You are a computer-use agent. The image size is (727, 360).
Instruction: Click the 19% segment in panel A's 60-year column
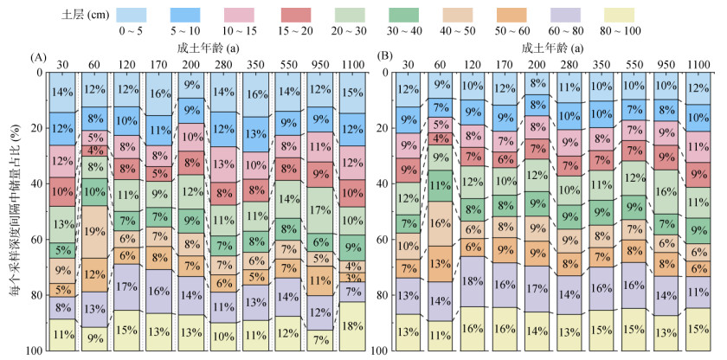point(94,231)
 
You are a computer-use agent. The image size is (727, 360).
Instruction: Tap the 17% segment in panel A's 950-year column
point(320,210)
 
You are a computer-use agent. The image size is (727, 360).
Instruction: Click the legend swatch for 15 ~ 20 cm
point(301,16)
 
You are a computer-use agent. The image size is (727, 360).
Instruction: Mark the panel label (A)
point(37,58)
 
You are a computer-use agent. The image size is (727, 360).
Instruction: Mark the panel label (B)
point(383,58)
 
